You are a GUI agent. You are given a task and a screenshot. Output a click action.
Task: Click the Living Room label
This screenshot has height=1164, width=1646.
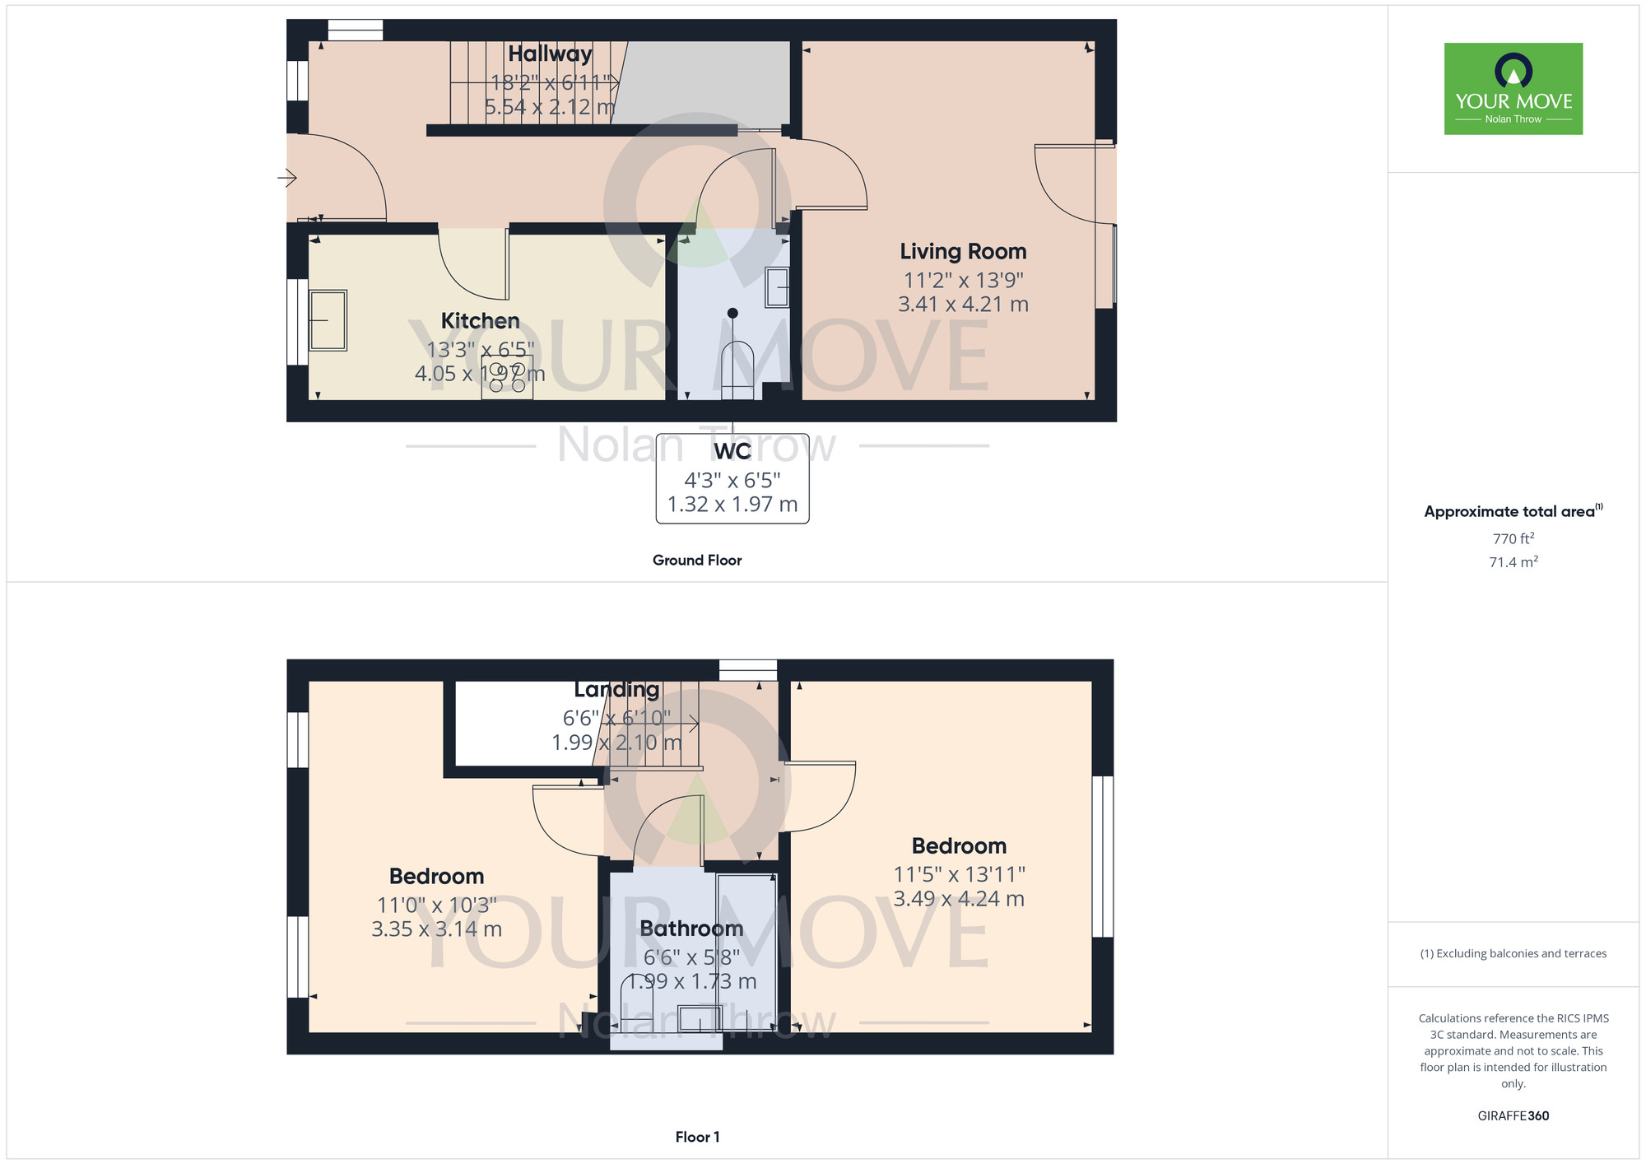[963, 251]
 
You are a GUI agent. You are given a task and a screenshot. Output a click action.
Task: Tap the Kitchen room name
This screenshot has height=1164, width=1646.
[480, 320]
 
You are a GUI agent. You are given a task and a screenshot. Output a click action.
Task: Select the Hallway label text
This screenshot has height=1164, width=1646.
[550, 54]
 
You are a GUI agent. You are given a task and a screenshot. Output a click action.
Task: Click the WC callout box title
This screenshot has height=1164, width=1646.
[732, 451]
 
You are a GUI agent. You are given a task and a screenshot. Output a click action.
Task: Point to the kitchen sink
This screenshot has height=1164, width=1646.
[328, 320]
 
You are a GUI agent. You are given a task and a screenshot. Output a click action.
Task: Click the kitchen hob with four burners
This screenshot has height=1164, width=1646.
[507, 377]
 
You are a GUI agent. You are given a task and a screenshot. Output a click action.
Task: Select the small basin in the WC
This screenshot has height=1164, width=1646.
[777, 287]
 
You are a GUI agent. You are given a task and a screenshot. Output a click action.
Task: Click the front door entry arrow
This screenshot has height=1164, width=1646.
[287, 177]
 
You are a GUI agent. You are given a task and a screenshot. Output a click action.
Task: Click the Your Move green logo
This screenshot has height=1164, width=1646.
[1513, 89]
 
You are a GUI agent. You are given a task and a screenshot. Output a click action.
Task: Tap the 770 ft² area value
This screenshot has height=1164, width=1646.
[1513, 538]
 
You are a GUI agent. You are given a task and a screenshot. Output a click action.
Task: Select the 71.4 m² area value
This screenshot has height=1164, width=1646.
[1513, 562]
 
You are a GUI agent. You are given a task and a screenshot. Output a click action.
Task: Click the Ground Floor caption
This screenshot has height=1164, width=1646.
[697, 561]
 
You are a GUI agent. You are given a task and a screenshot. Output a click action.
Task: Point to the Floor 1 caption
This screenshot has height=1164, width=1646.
[697, 1137]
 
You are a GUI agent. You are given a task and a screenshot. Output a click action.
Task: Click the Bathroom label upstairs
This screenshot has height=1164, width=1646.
[691, 929]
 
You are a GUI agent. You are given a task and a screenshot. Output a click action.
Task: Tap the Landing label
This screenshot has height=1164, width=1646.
[616, 690]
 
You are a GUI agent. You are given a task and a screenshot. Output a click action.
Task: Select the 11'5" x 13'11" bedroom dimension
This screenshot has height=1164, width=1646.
[960, 874]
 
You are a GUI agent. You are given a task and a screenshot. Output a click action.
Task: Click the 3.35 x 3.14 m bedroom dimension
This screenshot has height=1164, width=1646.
[436, 929]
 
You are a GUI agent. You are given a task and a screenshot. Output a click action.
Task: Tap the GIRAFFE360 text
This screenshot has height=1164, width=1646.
[1513, 1116]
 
